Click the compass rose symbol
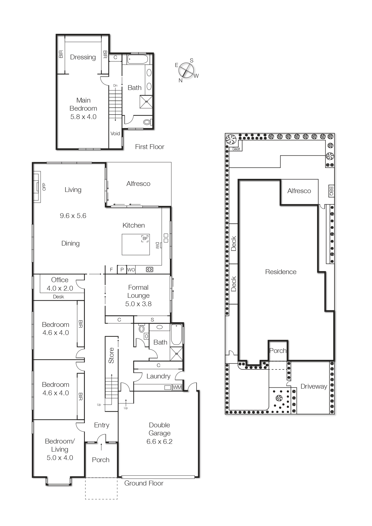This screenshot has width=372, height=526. click(x=186, y=71)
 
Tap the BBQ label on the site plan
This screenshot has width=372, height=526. click(x=331, y=191)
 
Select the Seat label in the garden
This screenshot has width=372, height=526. click(x=236, y=149)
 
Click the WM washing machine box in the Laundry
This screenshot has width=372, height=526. click(x=177, y=387)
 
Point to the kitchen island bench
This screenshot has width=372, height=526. click(x=135, y=244)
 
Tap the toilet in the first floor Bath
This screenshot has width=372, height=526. click(x=147, y=122)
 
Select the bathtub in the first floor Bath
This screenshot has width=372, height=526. click(x=138, y=59)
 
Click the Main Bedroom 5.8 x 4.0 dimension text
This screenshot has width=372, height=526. click(x=83, y=117)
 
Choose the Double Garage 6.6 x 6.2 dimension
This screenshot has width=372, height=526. click(x=159, y=441)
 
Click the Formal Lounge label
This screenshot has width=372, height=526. click(x=138, y=291)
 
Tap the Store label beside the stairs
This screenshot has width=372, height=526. click(x=111, y=355)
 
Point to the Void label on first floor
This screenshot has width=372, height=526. click(x=115, y=133)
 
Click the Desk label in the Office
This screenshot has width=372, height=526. click(x=58, y=297)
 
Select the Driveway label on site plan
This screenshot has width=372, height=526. click(x=314, y=386)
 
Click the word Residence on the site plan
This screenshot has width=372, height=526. click(x=281, y=272)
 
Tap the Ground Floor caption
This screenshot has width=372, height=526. click(x=144, y=483)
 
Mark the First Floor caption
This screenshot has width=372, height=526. click(x=150, y=147)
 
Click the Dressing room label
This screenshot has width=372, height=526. click(x=83, y=57)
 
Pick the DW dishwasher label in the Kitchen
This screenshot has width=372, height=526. click(x=157, y=245)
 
